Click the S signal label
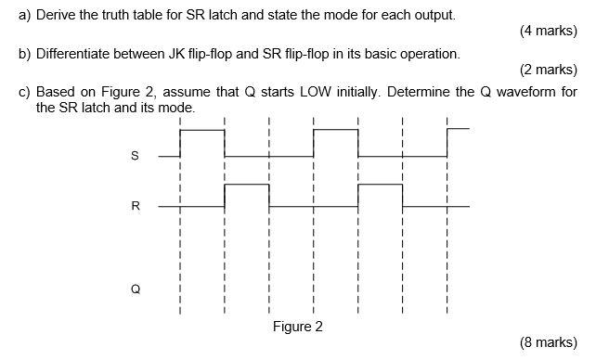coord(136,156)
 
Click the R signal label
coord(136,206)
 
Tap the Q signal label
coord(136,289)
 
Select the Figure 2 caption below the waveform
coord(297,327)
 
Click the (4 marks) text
coord(549,31)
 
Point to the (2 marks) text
coord(549,70)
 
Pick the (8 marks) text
coord(549,341)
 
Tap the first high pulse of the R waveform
coord(246,186)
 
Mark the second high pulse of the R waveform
coord(380,186)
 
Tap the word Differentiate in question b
coord(77,54)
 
